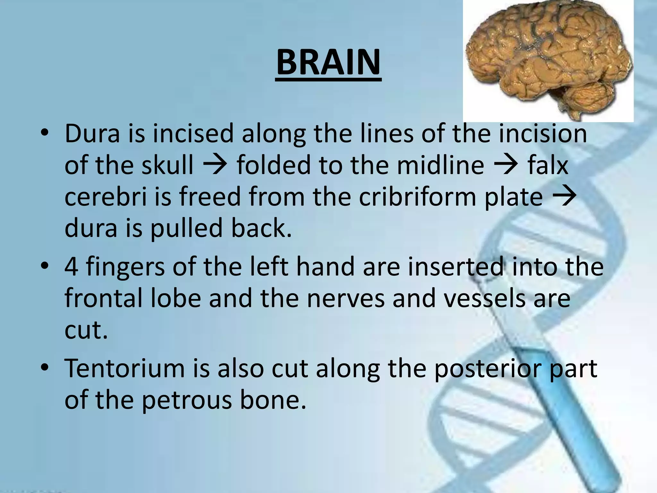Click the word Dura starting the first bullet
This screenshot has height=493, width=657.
point(92,134)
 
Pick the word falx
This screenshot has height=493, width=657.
point(548,165)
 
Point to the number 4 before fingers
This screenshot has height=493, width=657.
point(71,267)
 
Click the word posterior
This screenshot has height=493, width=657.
point(488,369)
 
